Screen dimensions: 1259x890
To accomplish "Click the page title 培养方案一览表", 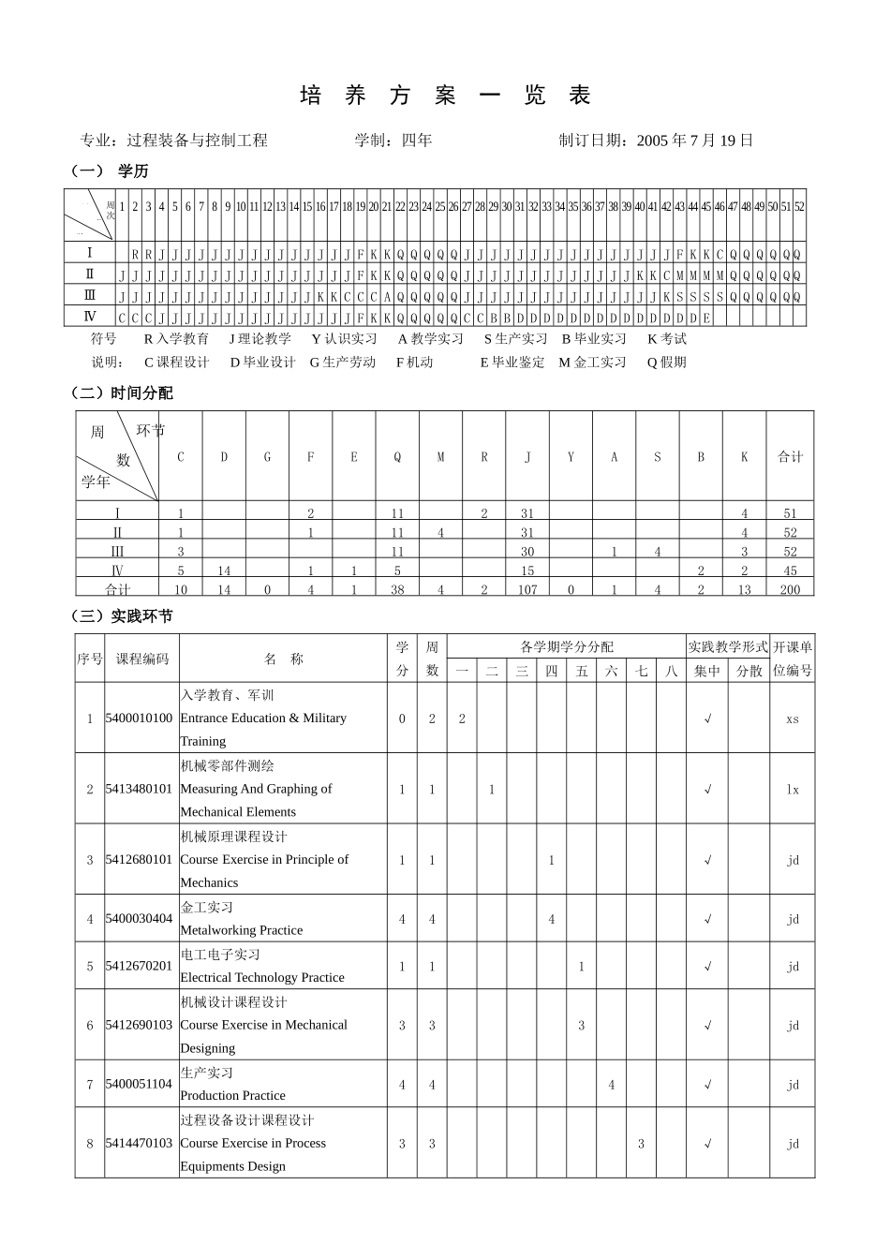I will [445, 96].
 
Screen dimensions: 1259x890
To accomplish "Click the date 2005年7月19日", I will [694, 141].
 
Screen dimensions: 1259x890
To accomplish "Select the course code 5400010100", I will [139, 718].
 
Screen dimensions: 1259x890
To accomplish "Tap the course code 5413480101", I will [139, 789].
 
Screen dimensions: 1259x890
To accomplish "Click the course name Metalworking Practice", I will [241, 930].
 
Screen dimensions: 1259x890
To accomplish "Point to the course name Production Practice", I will [232, 1095].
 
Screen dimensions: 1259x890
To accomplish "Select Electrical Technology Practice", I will [261, 977].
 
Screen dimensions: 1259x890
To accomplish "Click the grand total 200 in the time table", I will [790, 589].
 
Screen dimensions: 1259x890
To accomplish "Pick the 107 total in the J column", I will [527, 589].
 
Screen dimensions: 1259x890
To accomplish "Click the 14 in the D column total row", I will [224, 589].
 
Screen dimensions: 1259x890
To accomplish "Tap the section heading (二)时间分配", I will [123, 393].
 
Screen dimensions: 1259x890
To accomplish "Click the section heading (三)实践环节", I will [123, 616].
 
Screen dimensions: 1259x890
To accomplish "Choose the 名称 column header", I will [284, 659].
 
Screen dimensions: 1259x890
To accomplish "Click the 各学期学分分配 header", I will [567, 646].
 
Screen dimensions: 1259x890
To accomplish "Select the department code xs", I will [793, 718].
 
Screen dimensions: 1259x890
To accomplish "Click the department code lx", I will [793, 789].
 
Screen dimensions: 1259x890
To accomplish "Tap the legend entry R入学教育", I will [176, 339].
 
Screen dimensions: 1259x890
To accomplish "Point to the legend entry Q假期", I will [666, 363].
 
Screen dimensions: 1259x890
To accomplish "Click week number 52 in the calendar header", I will [799, 207].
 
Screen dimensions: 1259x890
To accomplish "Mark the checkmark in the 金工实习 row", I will [707, 919].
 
